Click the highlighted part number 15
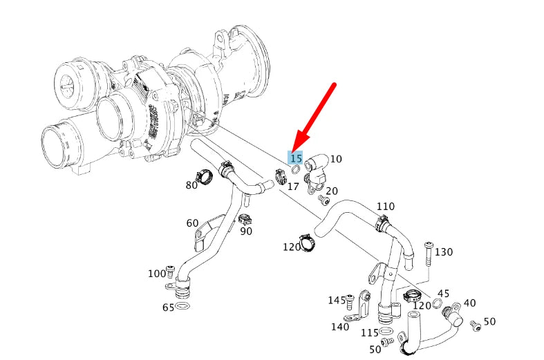(296, 158)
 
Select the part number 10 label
(335, 159)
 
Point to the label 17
(293, 186)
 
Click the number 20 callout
(332, 191)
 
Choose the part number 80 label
(191, 185)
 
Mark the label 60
(192, 222)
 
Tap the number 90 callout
(246, 231)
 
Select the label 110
(385, 207)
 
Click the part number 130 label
(443, 252)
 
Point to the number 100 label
(157, 274)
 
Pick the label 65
(168, 307)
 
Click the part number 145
(337, 300)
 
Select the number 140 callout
(340, 327)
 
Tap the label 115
(370, 332)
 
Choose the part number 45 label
(443, 294)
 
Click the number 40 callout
(469, 303)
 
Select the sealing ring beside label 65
(183, 306)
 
